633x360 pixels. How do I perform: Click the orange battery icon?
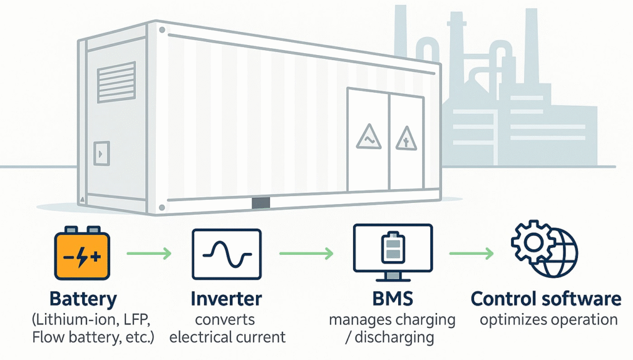pos(82,254)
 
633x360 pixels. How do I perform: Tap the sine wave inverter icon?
pos(226,254)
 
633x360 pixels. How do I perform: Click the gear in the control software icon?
pos(533,243)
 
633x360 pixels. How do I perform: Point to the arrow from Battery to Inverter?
pos(149,254)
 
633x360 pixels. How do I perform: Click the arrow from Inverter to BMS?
pos(307,254)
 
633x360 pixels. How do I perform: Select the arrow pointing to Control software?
pos(472,254)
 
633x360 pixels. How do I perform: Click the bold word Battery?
pos(83,299)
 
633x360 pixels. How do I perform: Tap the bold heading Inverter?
pos(226,299)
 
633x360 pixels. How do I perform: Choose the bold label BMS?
pos(393,299)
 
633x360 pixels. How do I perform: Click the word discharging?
pos(394,337)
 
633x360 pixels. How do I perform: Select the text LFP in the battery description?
pos(137,320)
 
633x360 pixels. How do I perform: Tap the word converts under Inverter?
pos(225,320)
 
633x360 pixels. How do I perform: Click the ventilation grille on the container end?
pos(116,82)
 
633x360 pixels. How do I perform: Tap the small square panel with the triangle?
pos(102,153)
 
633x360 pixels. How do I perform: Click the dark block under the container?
pos(261,203)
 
